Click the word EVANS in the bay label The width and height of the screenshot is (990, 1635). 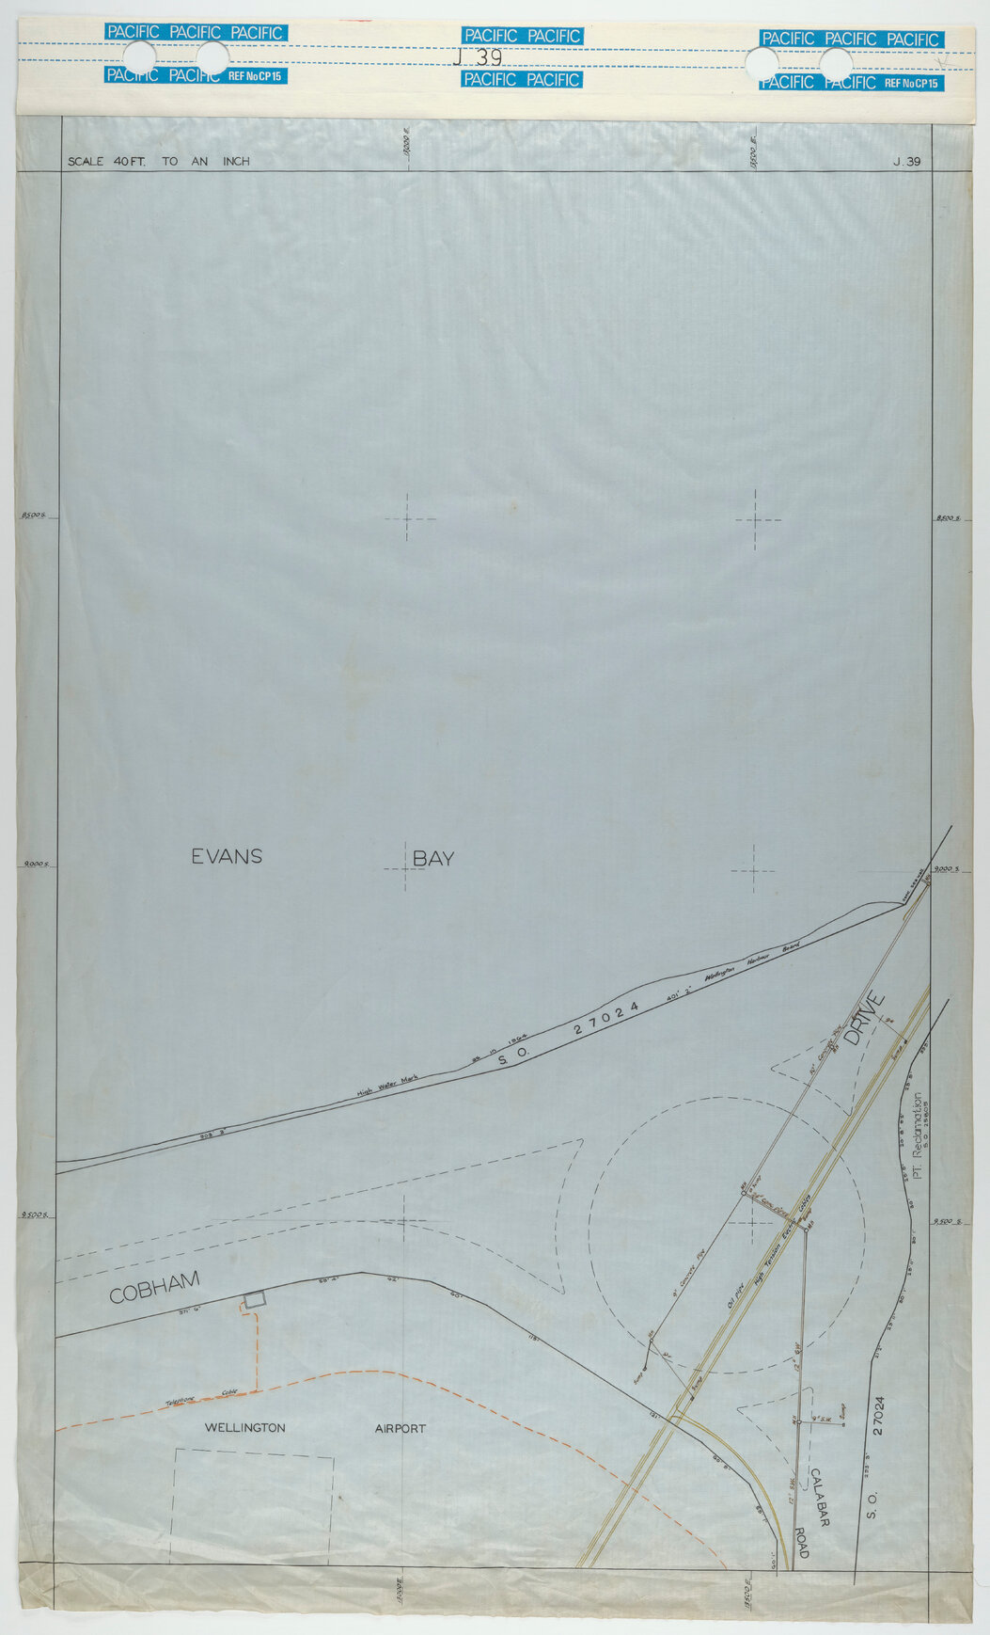point(227,856)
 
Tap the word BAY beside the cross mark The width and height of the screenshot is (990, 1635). point(432,858)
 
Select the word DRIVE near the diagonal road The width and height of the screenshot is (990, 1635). point(864,1020)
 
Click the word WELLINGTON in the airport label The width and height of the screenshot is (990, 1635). point(244,1427)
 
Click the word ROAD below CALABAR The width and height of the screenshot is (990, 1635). point(802,1534)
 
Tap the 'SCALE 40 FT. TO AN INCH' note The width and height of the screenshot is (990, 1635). point(158,161)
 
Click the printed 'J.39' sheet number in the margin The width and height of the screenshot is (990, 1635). point(907,161)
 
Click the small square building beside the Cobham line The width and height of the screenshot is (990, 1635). point(254,1299)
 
